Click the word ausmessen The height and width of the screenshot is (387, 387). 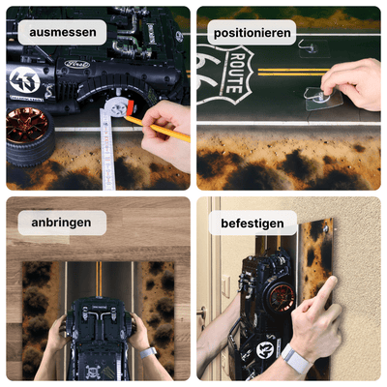coord(62,33)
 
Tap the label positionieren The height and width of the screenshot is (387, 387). coord(253,33)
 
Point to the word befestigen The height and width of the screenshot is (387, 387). coord(252,223)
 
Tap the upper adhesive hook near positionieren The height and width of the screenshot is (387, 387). coord(308,45)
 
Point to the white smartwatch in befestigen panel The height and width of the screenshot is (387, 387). coord(295,362)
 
